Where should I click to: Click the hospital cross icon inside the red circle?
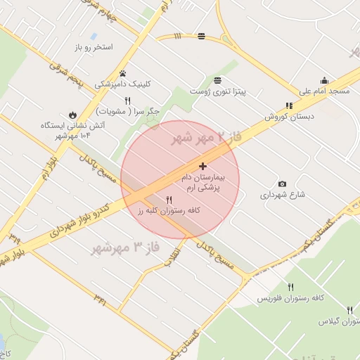[203, 167]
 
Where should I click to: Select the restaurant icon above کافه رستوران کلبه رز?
[169, 200]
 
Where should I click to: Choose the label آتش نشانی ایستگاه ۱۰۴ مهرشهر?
[67, 130]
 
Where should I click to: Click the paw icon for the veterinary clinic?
[123, 73]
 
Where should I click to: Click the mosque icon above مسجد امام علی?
[324, 80]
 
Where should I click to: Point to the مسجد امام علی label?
[324, 91]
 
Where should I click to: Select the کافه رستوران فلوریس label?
[289, 298]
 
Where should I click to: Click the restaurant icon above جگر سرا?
[127, 101]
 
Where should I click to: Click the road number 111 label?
[177, 35]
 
